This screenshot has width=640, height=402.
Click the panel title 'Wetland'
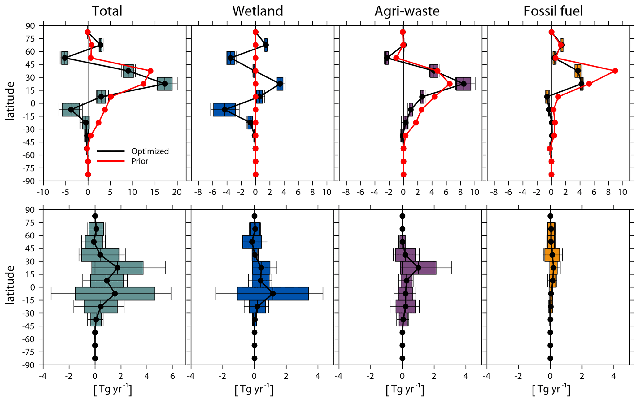pyautogui.click(x=258, y=11)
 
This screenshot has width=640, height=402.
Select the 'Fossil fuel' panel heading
pyautogui.click(x=553, y=11)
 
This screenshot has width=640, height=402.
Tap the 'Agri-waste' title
pyautogui.click(x=407, y=11)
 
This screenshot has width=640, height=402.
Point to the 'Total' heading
pyautogui.click(x=107, y=11)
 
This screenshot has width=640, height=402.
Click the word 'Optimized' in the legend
pyautogui.click(x=150, y=151)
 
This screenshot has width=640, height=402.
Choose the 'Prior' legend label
pyautogui.click(x=140, y=161)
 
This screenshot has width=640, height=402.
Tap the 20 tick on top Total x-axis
pyautogui.click(x=177, y=192)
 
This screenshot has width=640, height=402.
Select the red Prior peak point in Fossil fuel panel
pyautogui.click(x=615, y=71)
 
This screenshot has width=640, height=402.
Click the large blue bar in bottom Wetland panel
pyautogui.click(x=272, y=294)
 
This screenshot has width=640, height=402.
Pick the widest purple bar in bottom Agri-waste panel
pyautogui.click(x=418, y=268)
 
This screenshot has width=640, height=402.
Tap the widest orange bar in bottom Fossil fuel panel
pyautogui.click(x=552, y=255)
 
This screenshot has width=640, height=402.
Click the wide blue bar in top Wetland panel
pyautogui.click(x=224, y=110)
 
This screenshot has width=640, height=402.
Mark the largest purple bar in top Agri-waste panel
pyautogui.click(x=463, y=84)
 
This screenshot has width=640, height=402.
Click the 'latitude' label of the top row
pyautogui.click(x=10, y=101)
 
